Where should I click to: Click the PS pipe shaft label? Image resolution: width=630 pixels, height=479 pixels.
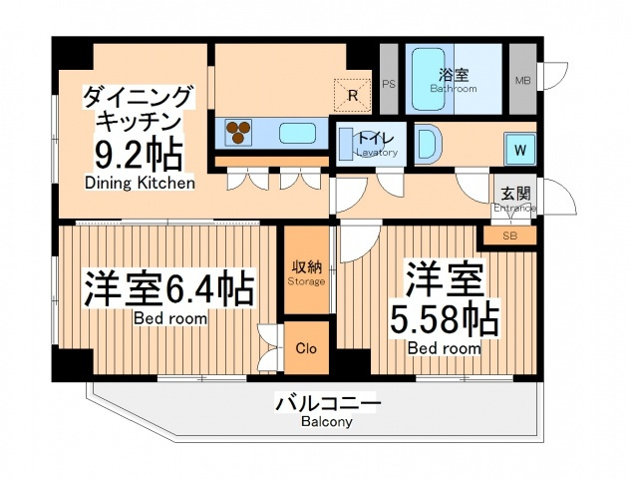(389, 85)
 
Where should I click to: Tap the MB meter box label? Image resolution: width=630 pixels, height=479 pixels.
(522, 81)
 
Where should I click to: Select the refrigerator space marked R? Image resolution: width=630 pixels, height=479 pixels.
(352, 96)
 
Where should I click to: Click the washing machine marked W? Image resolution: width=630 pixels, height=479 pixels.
(520, 150)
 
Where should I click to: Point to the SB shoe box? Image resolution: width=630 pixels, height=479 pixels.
(509, 237)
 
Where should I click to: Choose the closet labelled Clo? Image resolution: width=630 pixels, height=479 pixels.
(307, 348)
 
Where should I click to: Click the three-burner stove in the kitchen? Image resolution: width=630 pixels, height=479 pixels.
(238, 133)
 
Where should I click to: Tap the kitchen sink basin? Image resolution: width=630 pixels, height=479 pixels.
(297, 133)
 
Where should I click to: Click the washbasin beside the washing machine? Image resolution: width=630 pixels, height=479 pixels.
(428, 144)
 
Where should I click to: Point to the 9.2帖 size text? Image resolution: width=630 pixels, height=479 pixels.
(138, 155)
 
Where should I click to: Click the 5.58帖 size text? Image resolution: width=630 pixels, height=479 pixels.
(445, 319)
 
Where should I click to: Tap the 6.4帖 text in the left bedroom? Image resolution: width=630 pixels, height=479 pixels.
(209, 288)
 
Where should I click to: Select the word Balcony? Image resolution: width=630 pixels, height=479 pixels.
(327, 422)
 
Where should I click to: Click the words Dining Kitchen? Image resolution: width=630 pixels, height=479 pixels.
(140, 183)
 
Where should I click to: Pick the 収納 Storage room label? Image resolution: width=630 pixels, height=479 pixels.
(307, 272)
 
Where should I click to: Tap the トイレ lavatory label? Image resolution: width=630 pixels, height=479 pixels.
(375, 143)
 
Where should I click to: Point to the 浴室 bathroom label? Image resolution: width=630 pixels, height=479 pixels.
(454, 80)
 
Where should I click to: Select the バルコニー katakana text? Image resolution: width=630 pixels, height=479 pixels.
(327, 403)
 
